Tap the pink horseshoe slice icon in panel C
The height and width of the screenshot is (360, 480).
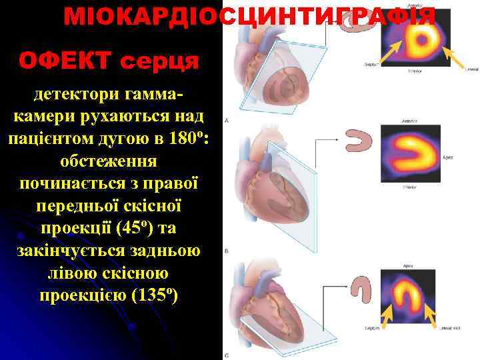(363, 287)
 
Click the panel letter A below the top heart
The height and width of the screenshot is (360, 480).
(228, 121)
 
